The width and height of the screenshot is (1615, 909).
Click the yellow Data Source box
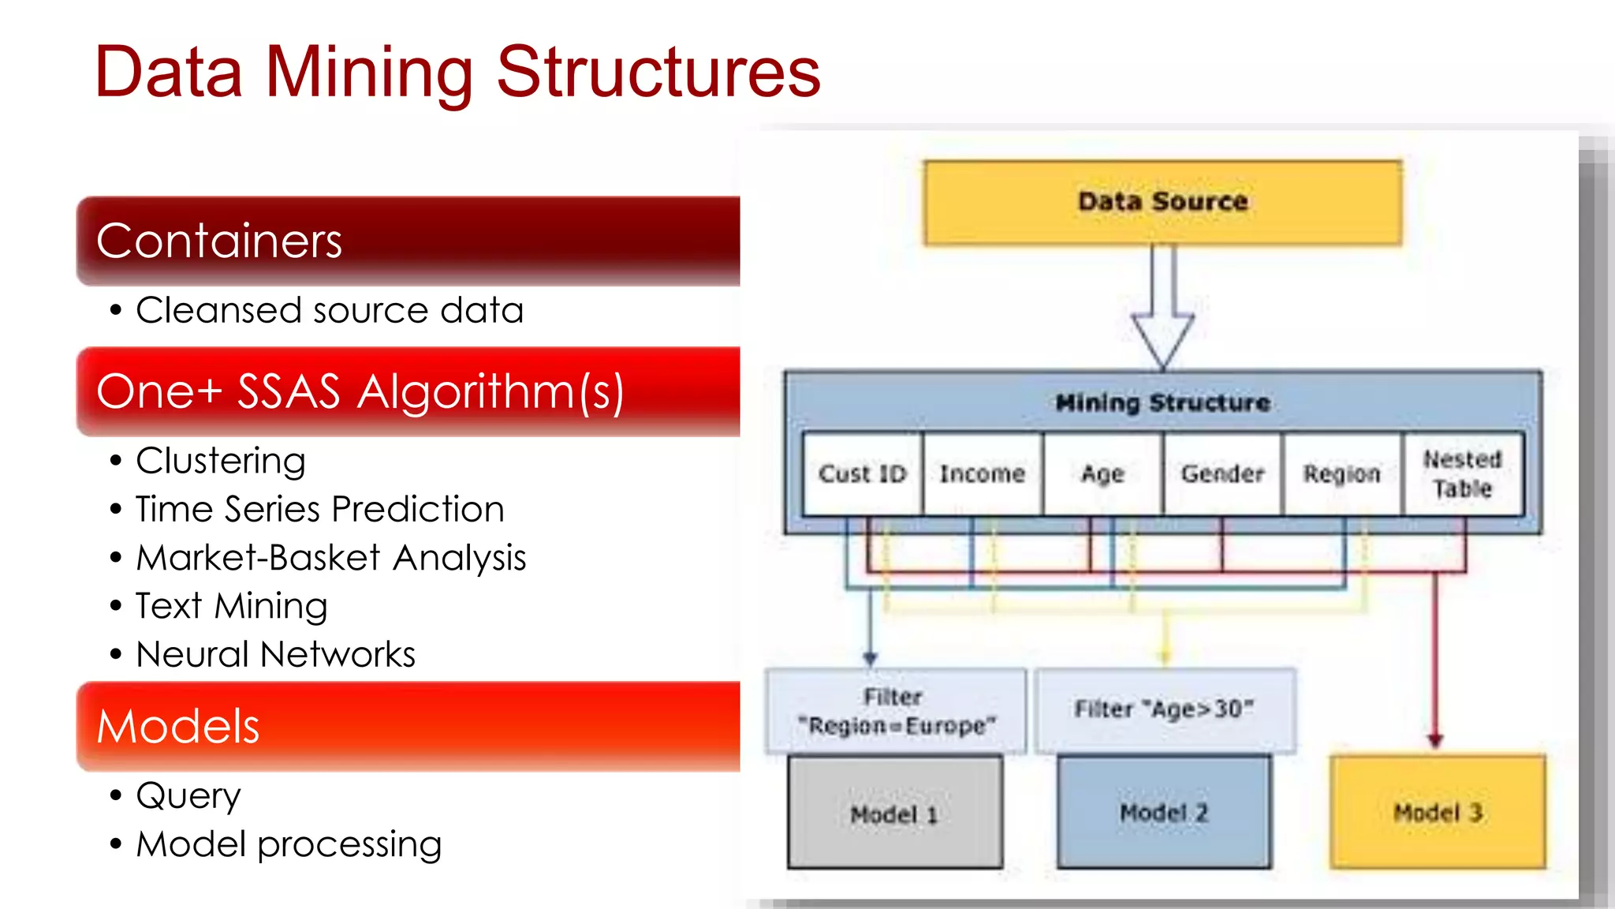tap(1162, 203)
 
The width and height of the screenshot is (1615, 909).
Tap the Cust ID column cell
tap(862, 474)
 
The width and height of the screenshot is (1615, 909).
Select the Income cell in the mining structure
tap(983, 474)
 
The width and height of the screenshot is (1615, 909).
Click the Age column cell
tap(1102, 474)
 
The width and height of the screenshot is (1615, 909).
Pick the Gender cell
tap(1222, 474)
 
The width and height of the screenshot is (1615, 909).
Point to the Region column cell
tap(1342, 474)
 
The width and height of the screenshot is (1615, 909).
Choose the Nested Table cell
tap(1463, 474)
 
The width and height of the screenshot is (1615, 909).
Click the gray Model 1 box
tap(895, 813)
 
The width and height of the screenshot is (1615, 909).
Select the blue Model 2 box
tap(1164, 813)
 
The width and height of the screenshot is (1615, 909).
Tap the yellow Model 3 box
tap(1438, 813)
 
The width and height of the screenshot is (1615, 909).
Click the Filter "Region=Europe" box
tap(896, 711)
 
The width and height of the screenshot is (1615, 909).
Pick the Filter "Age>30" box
tap(1165, 709)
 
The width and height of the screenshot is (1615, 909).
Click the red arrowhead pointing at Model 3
tap(1435, 740)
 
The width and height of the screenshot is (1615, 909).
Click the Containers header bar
tap(408, 241)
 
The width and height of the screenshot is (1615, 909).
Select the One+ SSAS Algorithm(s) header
tap(408, 391)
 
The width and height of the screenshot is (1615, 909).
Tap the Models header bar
tap(408, 726)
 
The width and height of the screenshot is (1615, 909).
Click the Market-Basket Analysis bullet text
tap(330, 558)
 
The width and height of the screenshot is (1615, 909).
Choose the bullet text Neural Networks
tap(275, 654)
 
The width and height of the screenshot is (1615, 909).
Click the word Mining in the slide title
tap(369, 73)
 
